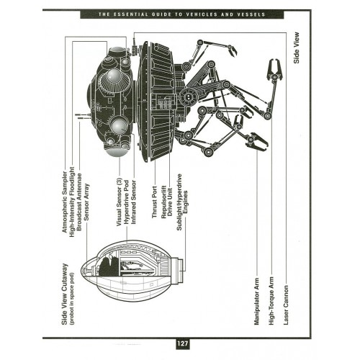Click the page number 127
point(182,343)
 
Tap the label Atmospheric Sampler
point(65,202)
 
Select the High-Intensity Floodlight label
point(72,202)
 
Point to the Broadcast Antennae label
point(79,202)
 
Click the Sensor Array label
point(86,202)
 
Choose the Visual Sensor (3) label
point(120,202)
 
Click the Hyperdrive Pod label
point(127,202)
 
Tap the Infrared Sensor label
point(134,202)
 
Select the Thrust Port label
point(155,202)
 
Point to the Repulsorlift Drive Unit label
point(167,202)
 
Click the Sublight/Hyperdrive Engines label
point(182,202)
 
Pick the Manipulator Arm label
point(257,302)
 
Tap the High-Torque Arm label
point(271,301)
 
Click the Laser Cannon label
point(286,305)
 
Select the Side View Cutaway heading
point(65,294)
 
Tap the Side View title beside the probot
point(297,48)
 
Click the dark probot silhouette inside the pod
point(108,265)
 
